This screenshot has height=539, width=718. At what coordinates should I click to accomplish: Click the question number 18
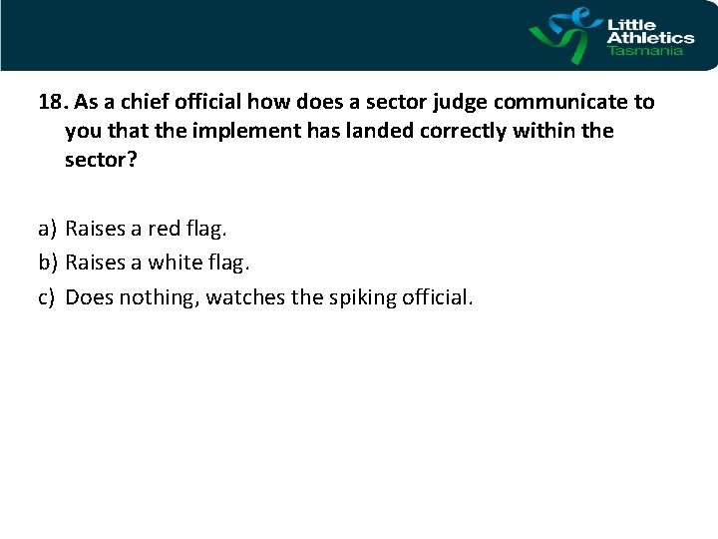click(x=52, y=102)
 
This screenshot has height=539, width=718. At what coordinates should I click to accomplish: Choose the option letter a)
click(x=47, y=230)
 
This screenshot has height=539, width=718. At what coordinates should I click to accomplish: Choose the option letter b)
click(x=47, y=263)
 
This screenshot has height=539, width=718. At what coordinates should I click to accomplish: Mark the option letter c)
click(x=47, y=296)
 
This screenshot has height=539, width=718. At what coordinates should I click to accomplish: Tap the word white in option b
click(x=176, y=263)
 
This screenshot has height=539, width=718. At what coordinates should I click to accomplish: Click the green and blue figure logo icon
click(x=564, y=35)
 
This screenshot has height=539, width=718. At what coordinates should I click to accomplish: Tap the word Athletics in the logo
click(x=650, y=38)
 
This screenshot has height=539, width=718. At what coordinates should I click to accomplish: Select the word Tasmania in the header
click(x=645, y=51)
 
